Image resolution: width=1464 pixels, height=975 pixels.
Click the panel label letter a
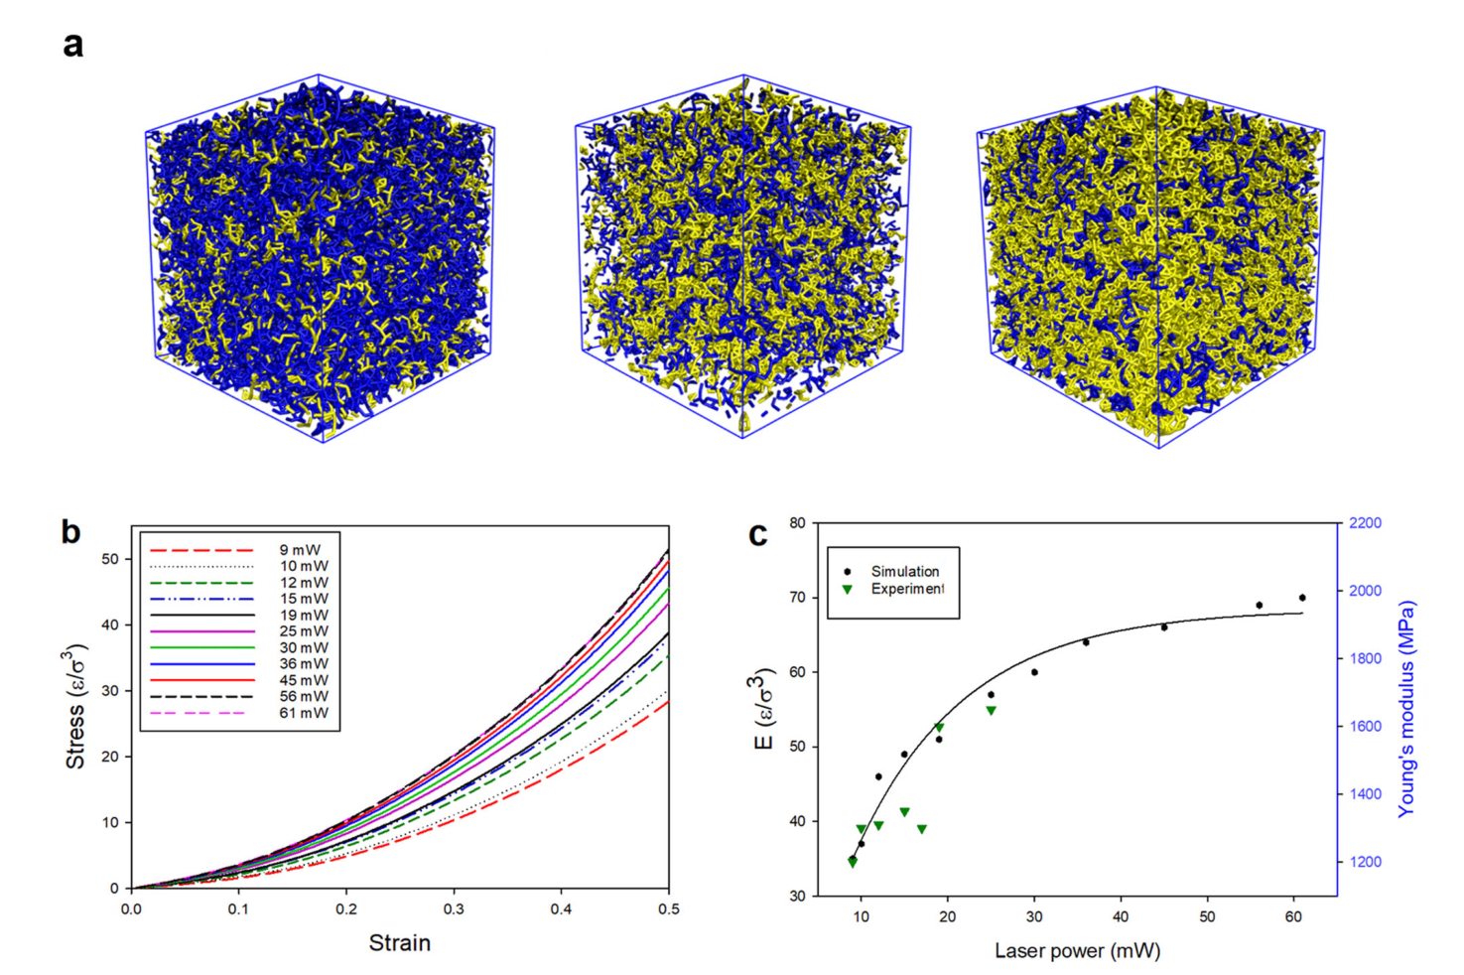pyautogui.click(x=72, y=45)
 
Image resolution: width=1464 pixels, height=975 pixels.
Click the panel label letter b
pyautogui.click(x=70, y=532)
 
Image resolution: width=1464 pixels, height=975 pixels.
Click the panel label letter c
pyautogui.click(x=758, y=534)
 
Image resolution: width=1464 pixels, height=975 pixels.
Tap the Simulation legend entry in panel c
pyautogui.click(x=904, y=572)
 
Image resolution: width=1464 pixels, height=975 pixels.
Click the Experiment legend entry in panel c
pyautogui.click(x=907, y=589)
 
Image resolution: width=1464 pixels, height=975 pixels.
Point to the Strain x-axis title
pyautogui.click(x=400, y=943)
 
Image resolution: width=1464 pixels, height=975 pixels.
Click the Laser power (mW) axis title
pyautogui.click(x=1077, y=951)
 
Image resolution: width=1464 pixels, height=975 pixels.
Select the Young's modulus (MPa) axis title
pyautogui.click(x=1405, y=709)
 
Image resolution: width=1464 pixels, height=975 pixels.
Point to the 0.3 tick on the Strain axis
pyautogui.click(x=454, y=909)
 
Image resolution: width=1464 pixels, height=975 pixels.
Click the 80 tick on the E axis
pyautogui.click(x=797, y=523)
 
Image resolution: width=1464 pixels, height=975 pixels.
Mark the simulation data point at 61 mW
pyautogui.click(x=1302, y=598)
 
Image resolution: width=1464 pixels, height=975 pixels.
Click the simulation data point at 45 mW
pyautogui.click(x=1164, y=627)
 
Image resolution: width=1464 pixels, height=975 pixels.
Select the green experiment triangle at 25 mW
pyautogui.click(x=991, y=711)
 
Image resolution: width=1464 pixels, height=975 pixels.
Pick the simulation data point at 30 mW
pyautogui.click(x=1034, y=672)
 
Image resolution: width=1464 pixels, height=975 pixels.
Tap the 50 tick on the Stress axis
pyautogui.click(x=110, y=559)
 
